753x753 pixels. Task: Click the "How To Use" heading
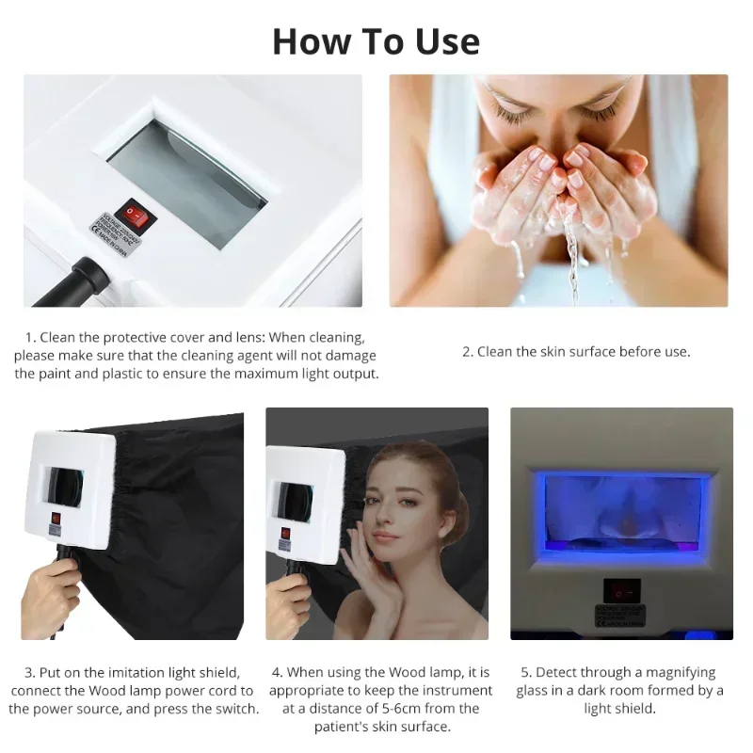[376, 41]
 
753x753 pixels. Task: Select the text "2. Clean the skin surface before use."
[575, 352]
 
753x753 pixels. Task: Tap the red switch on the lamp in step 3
[56, 517]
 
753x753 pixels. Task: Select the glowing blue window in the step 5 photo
[621, 513]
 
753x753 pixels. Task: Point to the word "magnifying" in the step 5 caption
[678, 672]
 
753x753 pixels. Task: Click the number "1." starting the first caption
[31, 336]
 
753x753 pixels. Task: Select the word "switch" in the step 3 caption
[236, 708]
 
